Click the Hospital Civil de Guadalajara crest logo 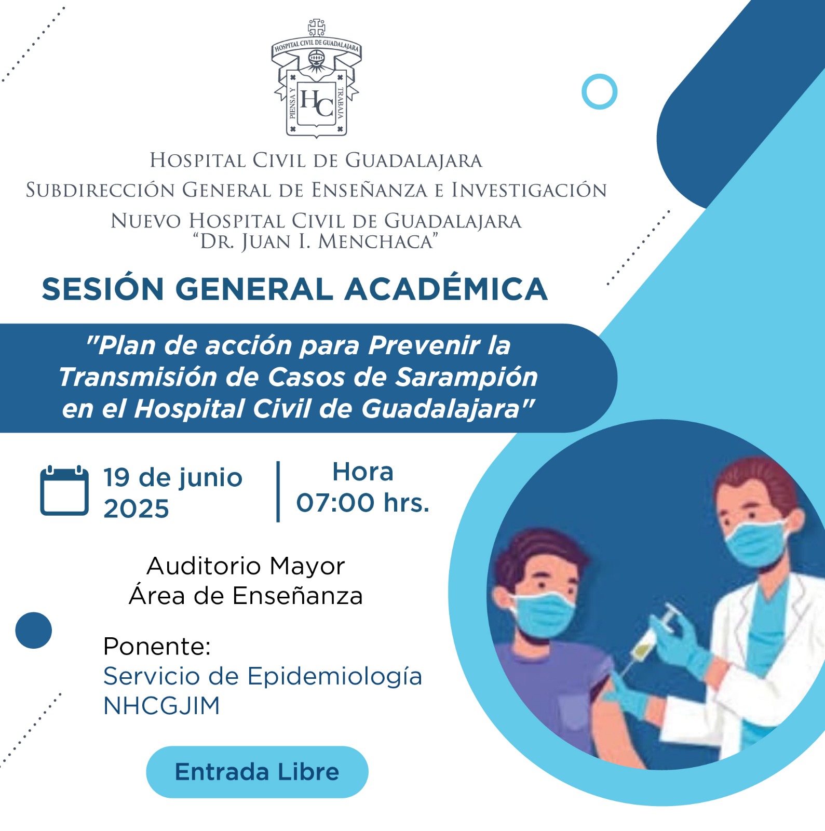coord(316,78)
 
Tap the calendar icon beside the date coord(64,490)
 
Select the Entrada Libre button coord(257,772)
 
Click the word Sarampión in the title coord(466,377)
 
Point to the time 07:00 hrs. coord(363,503)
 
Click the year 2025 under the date coord(136,508)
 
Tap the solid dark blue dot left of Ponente coord(34,631)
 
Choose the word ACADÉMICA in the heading coord(446,289)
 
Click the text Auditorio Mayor coord(246,566)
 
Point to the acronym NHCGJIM coord(161,706)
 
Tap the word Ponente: coord(157,647)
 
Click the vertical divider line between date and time coord(278,491)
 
